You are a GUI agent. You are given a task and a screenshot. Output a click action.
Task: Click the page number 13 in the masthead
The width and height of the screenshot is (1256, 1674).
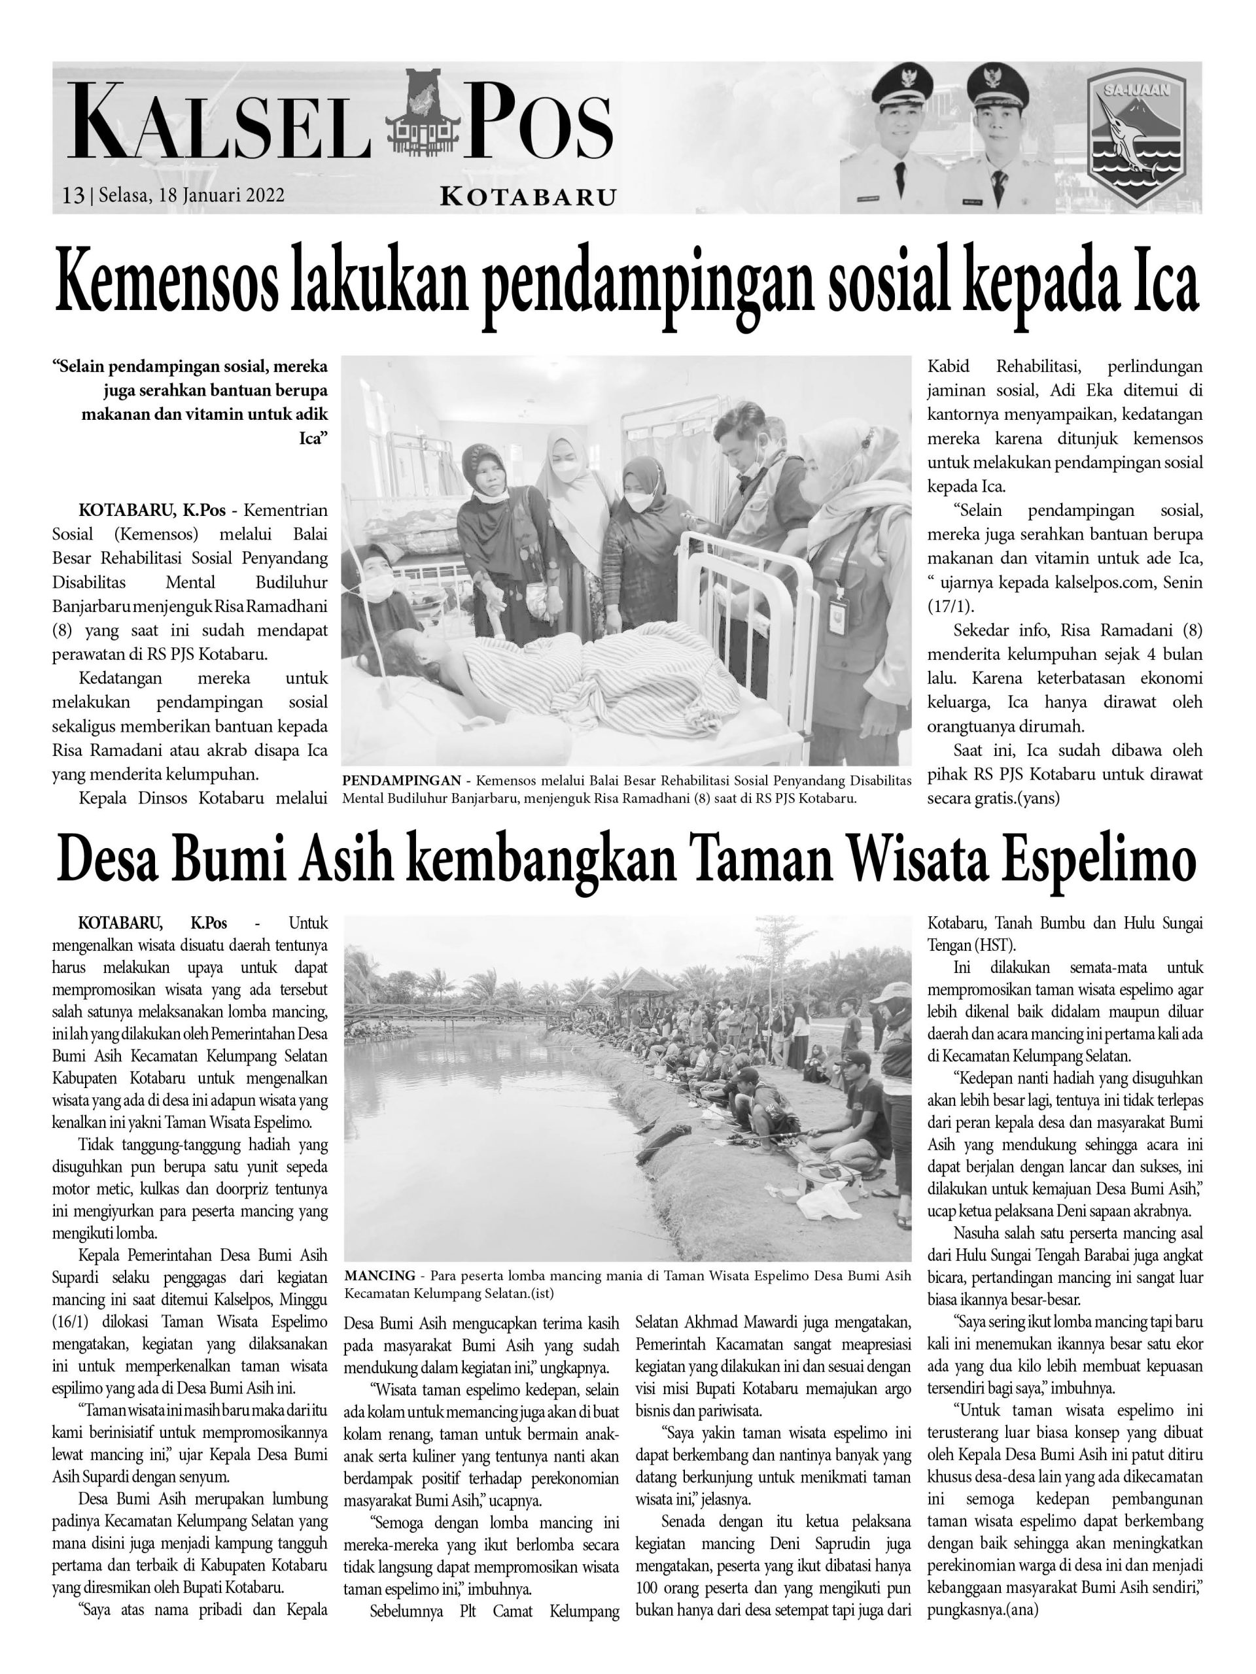click(73, 196)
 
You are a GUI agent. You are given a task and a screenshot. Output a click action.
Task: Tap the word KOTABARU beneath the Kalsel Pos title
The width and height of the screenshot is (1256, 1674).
click(528, 197)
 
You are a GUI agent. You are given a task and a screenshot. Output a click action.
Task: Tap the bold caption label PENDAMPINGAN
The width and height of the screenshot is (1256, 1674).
click(401, 780)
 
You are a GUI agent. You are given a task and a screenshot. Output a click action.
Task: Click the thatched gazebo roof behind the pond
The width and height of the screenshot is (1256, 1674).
click(645, 982)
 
